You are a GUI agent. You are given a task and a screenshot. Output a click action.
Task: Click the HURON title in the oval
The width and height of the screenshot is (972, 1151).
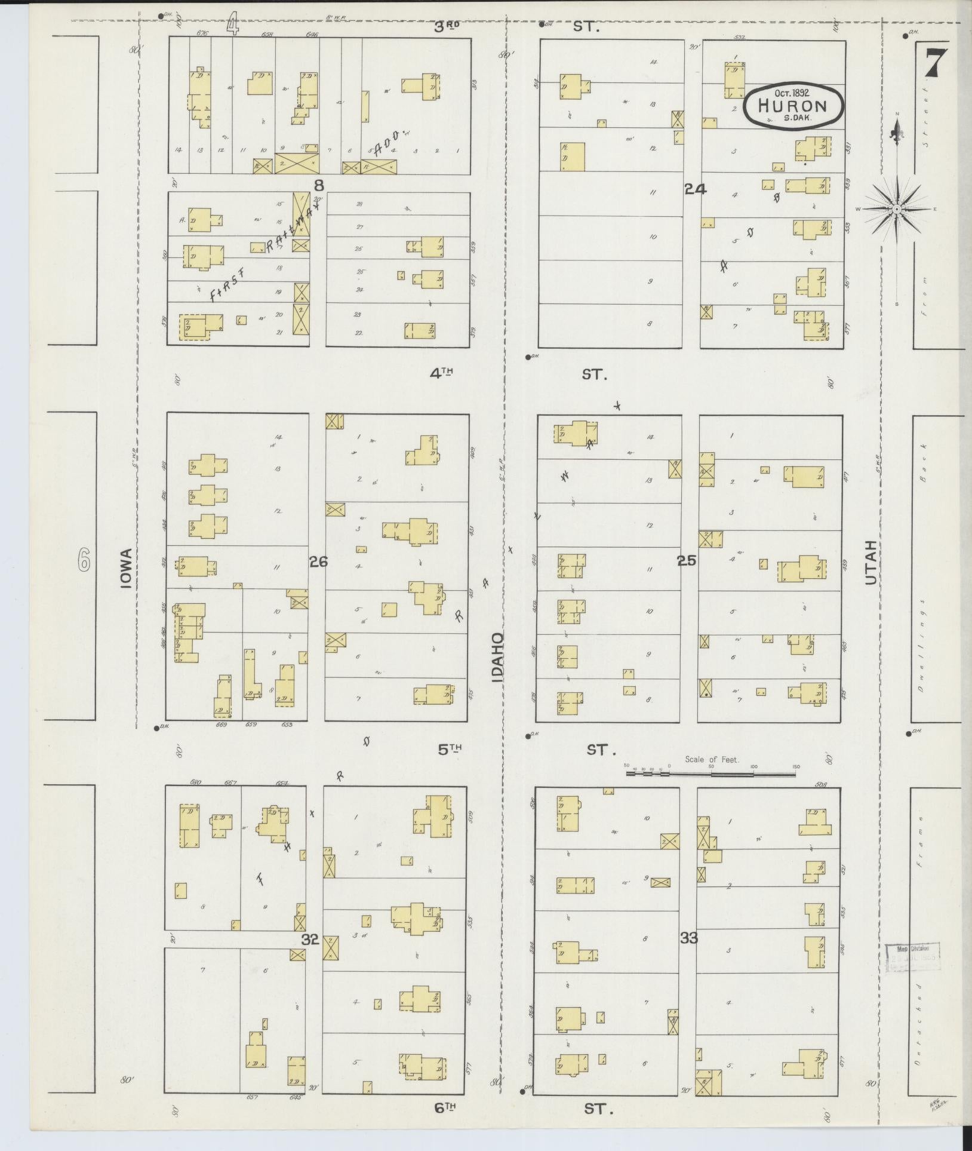pyautogui.click(x=792, y=106)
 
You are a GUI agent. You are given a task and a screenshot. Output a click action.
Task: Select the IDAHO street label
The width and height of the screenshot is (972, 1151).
pyautogui.click(x=499, y=655)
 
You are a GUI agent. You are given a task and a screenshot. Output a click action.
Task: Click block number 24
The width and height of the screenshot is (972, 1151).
pyautogui.click(x=696, y=189)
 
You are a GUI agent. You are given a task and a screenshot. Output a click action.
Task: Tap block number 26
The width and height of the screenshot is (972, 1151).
pyautogui.click(x=318, y=561)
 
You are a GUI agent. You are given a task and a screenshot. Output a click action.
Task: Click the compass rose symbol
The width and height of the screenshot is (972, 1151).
pyautogui.click(x=897, y=210)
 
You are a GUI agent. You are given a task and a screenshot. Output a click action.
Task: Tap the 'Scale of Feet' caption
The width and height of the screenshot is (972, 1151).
pyautogui.click(x=712, y=759)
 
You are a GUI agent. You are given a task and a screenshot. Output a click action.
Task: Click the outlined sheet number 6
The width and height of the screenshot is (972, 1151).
pyautogui.click(x=84, y=561)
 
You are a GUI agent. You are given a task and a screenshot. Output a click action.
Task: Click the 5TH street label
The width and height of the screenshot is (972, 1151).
pyautogui.click(x=450, y=749)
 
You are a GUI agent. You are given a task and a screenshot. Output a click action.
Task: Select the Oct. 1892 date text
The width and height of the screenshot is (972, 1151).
pyautogui.click(x=792, y=93)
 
